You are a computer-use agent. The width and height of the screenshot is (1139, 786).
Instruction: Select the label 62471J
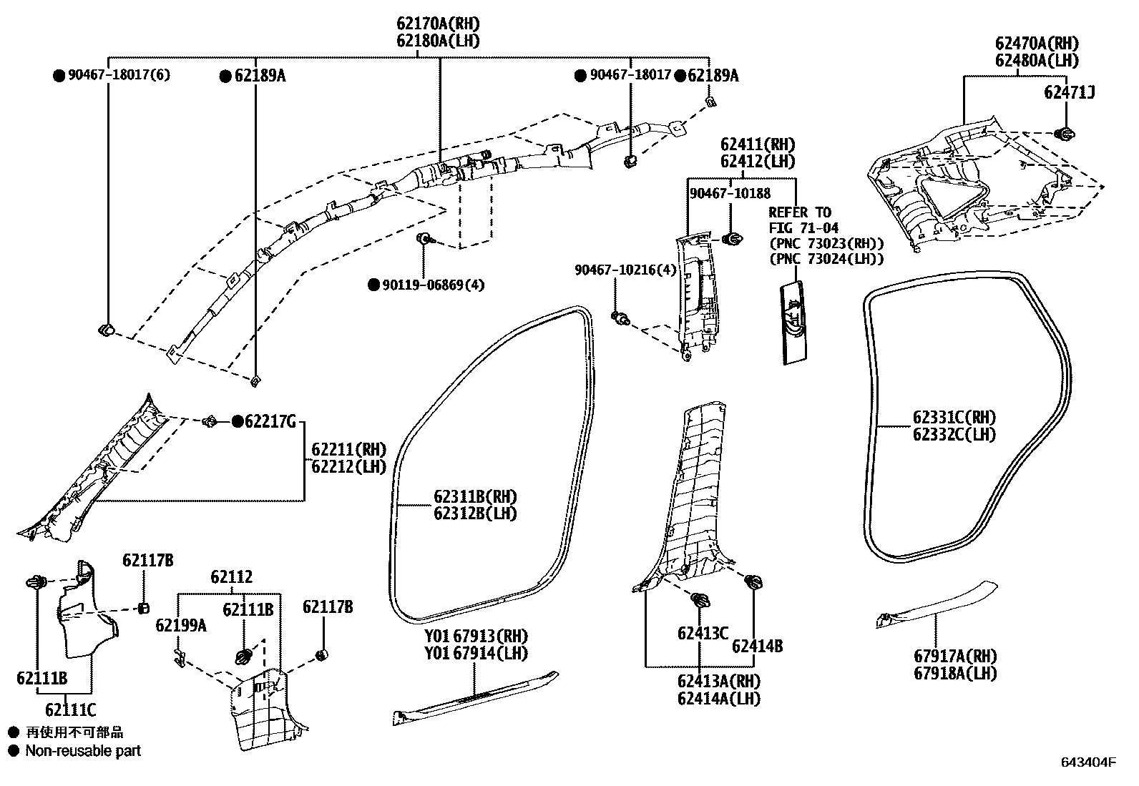pyautogui.click(x=1069, y=92)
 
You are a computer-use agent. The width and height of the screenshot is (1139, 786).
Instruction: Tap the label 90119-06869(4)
pyautogui.click(x=433, y=285)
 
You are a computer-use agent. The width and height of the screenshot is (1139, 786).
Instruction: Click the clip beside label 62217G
pyautogui.click(x=211, y=422)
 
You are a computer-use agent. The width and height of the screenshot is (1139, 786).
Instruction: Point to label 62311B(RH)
pyautogui.click(x=474, y=496)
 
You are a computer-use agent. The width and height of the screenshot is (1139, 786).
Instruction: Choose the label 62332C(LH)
pyautogui.click(x=954, y=434)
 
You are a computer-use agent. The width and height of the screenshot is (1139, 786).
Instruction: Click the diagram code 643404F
pyautogui.click(x=1087, y=762)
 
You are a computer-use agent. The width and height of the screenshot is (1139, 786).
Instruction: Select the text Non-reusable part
pyautogui.click(x=83, y=751)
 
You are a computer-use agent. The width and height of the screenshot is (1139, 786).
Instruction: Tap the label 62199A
pyautogui.click(x=181, y=626)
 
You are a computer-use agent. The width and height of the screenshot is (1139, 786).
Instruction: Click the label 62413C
pyautogui.click(x=703, y=633)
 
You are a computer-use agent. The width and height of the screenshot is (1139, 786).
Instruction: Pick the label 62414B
pyautogui.click(x=757, y=646)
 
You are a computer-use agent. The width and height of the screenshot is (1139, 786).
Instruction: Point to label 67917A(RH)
pyautogui.click(x=954, y=656)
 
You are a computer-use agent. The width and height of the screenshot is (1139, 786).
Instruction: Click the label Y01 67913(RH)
pyautogui.click(x=476, y=636)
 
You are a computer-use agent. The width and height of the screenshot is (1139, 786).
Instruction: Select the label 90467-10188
pyautogui.click(x=730, y=194)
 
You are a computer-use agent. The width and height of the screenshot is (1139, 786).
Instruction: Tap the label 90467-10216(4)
pyautogui.click(x=625, y=270)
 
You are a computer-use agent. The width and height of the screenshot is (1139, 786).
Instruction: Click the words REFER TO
pyautogui.click(x=800, y=212)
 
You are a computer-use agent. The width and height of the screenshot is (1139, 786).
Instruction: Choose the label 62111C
pyautogui.click(x=70, y=710)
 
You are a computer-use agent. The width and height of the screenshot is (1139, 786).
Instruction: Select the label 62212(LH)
pyautogui.click(x=348, y=467)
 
